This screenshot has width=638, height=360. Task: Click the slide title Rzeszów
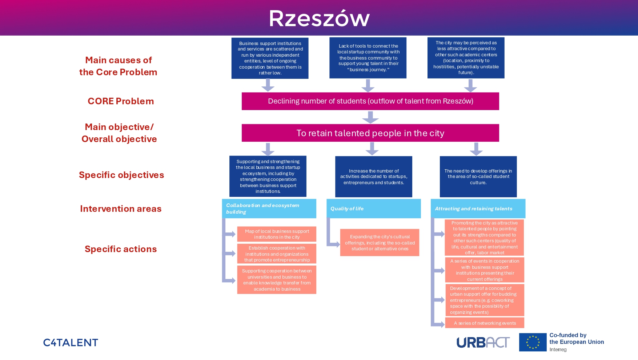[x=319, y=19]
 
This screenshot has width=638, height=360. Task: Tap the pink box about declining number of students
[x=370, y=101]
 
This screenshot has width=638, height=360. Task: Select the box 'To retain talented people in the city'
[x=370, y=133]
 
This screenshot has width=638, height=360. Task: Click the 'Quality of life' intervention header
[x=373, y=209]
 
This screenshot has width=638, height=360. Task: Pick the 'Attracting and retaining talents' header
[x=478, y=209]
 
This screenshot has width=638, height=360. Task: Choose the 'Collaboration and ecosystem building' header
[x=269, y=209]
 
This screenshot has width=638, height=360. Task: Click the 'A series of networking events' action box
[x=485, y=323]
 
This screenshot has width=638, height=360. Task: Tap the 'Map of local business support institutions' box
[x=277, y=234]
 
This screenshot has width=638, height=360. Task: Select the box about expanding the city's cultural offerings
[x=380, y=242]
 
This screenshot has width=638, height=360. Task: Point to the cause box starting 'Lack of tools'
[x=368, y=58]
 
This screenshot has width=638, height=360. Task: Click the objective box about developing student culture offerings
[x=478, y=177]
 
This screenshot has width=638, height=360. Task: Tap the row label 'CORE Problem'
[x=121, y=101]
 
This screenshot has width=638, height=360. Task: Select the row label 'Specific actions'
[x=121, y=249]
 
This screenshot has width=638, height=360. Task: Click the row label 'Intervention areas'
[x=121, y=209]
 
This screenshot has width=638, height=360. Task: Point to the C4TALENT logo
[x=71, y=343]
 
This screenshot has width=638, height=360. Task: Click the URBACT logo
[x=483, y=342]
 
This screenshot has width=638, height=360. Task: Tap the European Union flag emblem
[x=533, y=342]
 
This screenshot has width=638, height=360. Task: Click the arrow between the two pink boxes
[x=370, y=117]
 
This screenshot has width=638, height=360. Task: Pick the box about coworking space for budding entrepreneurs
[x=485, y=300]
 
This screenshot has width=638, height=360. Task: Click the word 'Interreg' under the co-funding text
[x=558, y=349]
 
